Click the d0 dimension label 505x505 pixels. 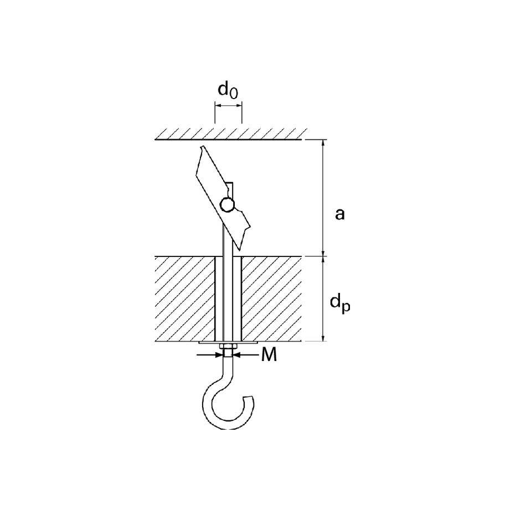pyautogui.click(x=228, y=90)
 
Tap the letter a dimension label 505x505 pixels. pyautogui.click(x=339, y=214)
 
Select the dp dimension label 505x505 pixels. pyautogui.click(x=340, y=303)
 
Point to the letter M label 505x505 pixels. pyautogui.click(x=269, y=355)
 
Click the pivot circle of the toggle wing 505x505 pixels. pyautogui.click(x=228, y=204)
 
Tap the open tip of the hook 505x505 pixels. pyautogui.click(x=250, y=399)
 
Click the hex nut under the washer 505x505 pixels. pyautogui.click(x=228, y=347)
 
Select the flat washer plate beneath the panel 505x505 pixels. pyautogui.click(x=228, y=343)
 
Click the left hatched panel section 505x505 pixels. pyautogui.click(x=185, y=299)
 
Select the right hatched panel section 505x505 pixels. pyautogui.click(x=271, y=299)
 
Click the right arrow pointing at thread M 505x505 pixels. pyautogui.click(x=247, y=355)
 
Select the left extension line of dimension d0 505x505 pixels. pyautogui.click(x=215, y=112)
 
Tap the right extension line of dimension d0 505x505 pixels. pyautogui.click(x=241, y=112)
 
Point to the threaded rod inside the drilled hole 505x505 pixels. pyautogui.click(x=228, y=299)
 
